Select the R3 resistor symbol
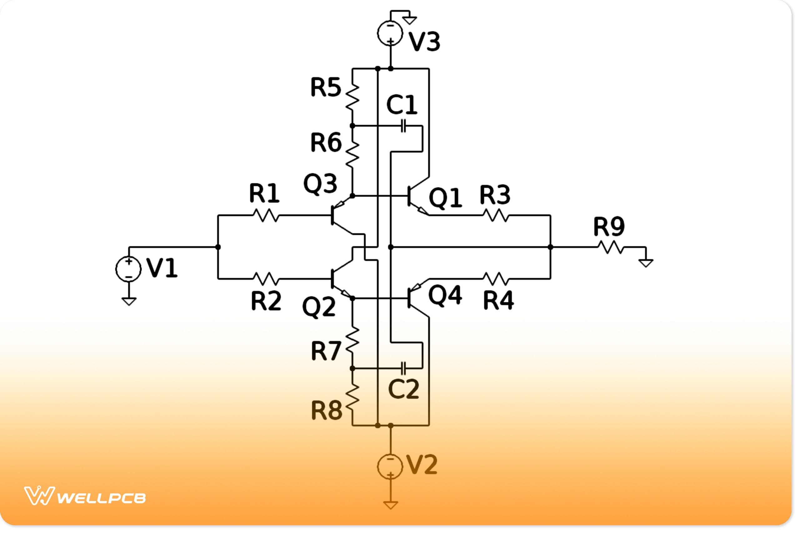(496, 215)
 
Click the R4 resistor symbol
(496, 279)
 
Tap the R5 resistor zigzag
(353, 97)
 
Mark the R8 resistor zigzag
(353, 398)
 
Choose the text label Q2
(319, 307)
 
